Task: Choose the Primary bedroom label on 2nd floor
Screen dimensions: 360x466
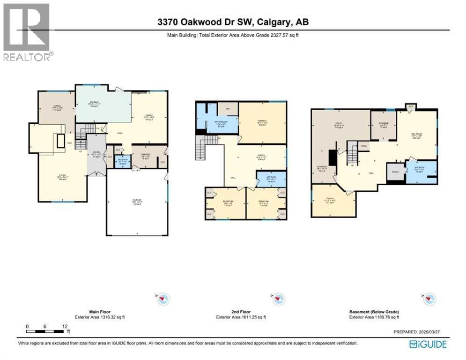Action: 262,123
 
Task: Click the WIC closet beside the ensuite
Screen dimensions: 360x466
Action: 228,109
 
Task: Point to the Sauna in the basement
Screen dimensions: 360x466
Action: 395,172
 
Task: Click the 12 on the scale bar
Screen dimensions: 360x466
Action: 64,326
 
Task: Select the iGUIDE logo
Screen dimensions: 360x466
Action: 428,344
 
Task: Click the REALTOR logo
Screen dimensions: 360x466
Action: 27,32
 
